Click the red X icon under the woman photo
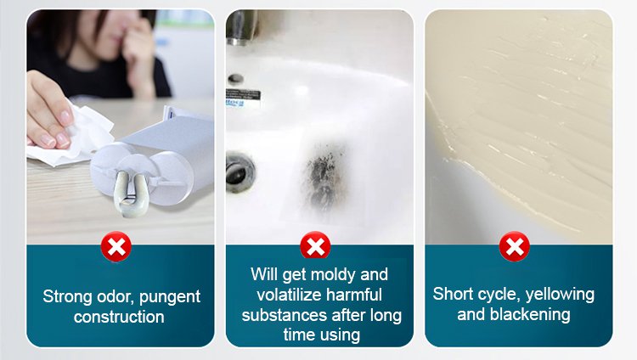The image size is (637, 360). click(116, 246)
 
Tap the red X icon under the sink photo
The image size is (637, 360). click(315, 245)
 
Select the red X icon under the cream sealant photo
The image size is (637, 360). click(515, 246)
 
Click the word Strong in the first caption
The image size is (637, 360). click(67, 297)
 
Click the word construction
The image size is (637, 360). click(119, 317)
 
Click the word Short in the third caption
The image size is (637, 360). click(449, 294)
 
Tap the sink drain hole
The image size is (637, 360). click(240, 172)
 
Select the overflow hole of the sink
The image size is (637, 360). click(235, 78)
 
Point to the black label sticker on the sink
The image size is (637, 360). click(243, 95)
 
